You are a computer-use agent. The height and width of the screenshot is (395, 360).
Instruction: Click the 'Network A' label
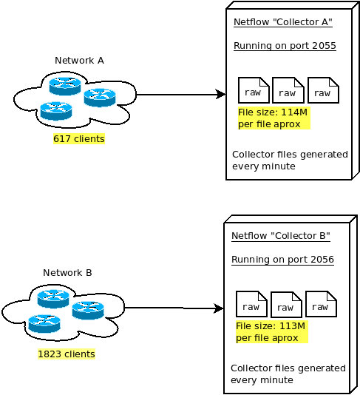[79, 60]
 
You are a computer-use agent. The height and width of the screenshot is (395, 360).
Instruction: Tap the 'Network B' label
[67, 272]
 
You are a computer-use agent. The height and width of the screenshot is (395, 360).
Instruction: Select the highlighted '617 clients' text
[78, 138]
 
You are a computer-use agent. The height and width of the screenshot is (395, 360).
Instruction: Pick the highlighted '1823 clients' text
[67, 354]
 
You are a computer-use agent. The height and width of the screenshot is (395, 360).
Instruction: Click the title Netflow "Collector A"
[282, 22]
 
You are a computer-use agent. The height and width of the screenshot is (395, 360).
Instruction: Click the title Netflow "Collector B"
[280, 236]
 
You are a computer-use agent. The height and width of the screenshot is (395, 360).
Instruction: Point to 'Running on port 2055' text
[285, 46]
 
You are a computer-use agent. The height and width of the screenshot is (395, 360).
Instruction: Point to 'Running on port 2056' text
[282, 260]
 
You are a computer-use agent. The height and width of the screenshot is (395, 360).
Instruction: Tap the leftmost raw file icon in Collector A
[253, 90]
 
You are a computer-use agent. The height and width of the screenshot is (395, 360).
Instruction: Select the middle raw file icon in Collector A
[288, 91]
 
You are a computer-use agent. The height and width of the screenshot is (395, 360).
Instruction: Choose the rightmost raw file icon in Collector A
[322, 91]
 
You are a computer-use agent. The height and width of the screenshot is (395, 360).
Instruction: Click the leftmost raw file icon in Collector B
[251, 304]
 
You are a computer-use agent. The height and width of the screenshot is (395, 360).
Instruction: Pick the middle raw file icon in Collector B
[286, 305]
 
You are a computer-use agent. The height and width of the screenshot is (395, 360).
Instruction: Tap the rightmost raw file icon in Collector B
[321, 304]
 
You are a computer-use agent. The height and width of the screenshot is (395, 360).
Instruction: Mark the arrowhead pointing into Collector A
[220, 95]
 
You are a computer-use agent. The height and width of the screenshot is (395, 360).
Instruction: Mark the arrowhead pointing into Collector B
[219, 308]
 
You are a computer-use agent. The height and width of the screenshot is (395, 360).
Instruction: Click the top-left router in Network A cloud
[64, 86]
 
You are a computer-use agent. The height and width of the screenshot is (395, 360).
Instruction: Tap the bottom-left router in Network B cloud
[44, 323]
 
